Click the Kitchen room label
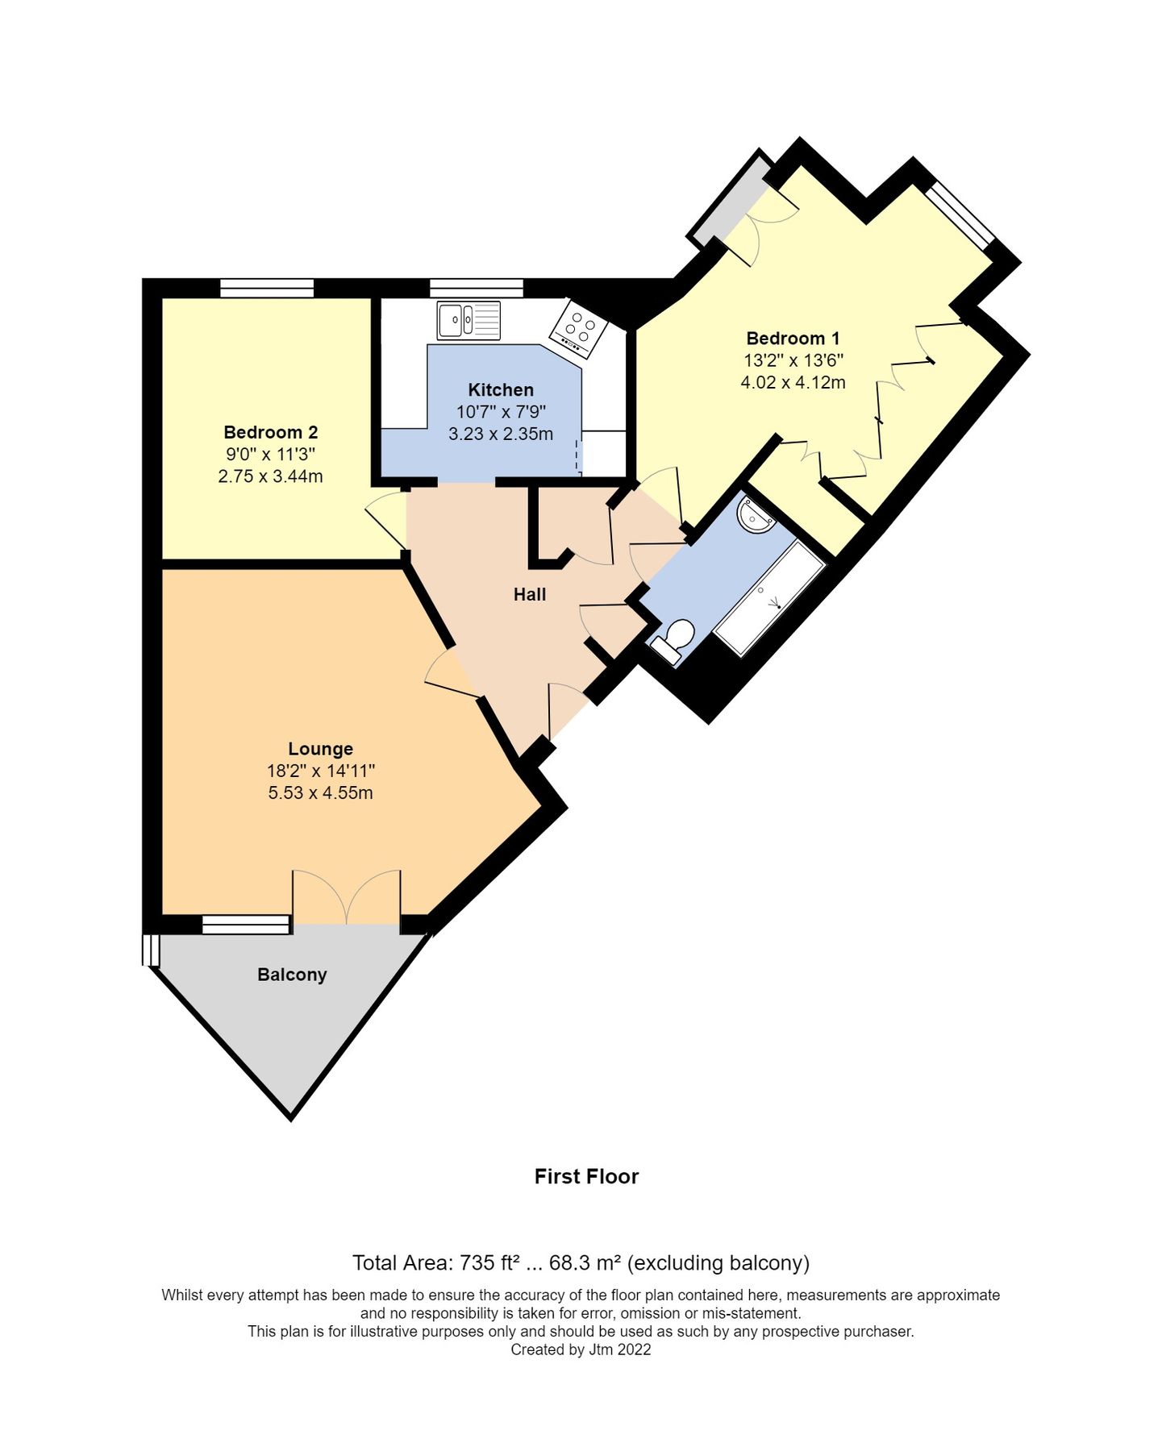(500, 390)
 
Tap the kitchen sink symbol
(468, 321)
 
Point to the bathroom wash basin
(756, 516)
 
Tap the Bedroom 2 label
(270, 432)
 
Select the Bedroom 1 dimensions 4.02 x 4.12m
(793, 383)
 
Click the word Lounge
(320, 749)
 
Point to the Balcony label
(292, 975)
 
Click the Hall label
(530, 595)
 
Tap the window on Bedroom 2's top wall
(267, 288)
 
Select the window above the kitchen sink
(476, 288)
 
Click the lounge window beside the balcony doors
(245, 925)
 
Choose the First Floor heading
(586, 1177)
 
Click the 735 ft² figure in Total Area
(489, 1263)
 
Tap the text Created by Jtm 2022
(581, 1349)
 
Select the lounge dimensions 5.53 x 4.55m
(320, 793)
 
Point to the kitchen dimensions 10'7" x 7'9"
(500, 413)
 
